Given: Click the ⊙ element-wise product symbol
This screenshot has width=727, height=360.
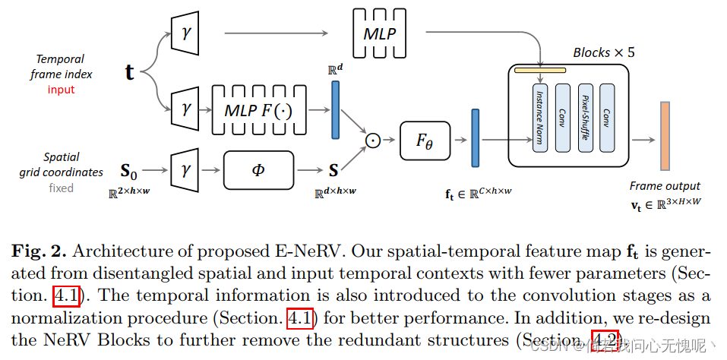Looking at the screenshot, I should (373, 140).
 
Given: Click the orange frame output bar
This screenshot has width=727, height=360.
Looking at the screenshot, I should (665, 135).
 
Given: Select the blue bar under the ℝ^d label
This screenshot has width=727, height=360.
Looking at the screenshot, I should (335, 110).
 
